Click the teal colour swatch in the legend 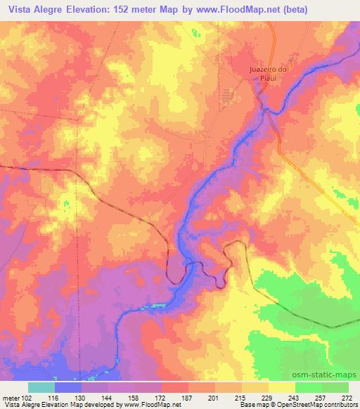click(x=41, y=387)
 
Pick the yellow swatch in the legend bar click(x=281, y=387)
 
